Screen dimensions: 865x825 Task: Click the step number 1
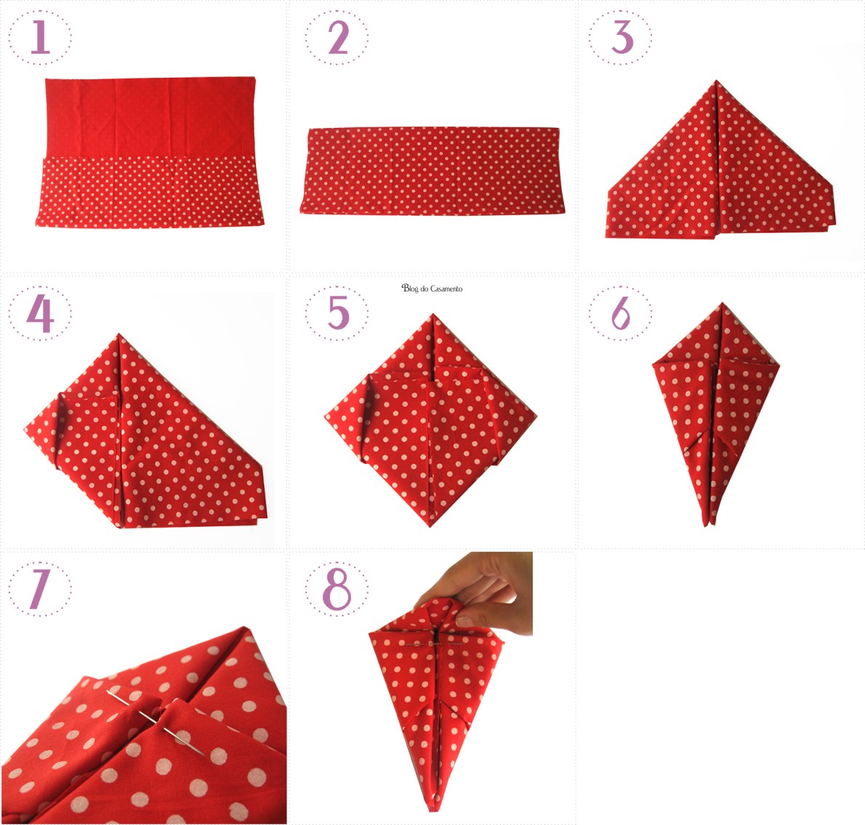click(40, 38)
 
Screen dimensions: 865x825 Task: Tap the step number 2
click(337, 38)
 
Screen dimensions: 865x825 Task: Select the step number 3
click(621, 37)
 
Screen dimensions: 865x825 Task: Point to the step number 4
click(40, 313)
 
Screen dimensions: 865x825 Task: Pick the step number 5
click(338, 312)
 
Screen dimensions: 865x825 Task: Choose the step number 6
click(621, 313)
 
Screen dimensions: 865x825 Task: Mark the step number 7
click(39, 589)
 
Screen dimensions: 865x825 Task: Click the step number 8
click(337, 589)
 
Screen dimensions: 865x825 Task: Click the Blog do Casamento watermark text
click(432, 289)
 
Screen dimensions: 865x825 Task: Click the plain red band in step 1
click(149, 117)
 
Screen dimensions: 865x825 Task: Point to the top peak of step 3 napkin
click(717, 81)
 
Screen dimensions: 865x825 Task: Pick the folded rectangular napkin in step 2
click(432, 170)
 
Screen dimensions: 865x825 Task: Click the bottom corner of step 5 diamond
click(430, 526)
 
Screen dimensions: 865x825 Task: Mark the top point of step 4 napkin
click(118, 334)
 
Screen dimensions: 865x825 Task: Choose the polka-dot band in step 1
click(150, 191)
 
